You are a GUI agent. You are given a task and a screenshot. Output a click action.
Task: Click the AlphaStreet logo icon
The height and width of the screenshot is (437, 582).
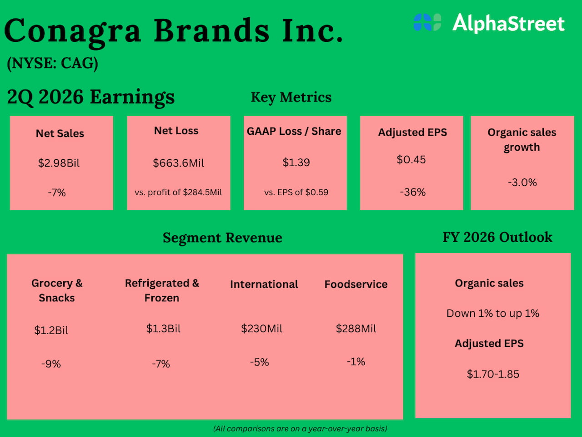[427, 22]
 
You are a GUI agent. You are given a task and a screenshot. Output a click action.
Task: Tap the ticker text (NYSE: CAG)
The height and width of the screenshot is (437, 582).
[53, 63]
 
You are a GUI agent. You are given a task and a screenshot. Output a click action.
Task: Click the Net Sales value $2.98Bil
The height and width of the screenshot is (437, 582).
[59, 163]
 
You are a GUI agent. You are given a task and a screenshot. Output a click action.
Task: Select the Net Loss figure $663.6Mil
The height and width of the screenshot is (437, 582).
[178, 163]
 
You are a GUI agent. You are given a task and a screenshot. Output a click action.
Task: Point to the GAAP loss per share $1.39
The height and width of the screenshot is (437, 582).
[296, 163]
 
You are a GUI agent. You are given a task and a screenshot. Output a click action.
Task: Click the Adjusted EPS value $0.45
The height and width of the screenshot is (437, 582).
[411, 160]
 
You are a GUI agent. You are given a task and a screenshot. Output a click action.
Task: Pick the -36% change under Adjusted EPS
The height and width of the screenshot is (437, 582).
[412, 192]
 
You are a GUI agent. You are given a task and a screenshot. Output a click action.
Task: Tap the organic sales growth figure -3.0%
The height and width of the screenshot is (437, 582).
[522, 183]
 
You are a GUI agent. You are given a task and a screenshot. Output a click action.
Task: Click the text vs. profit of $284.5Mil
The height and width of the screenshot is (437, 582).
[178, 192]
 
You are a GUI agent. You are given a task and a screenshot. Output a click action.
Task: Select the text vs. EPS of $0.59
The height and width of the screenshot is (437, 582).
[296, 192]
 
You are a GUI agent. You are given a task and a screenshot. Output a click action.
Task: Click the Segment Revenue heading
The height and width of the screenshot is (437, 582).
[222, 238]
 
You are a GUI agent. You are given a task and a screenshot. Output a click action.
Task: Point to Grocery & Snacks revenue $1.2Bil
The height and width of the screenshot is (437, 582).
[51, 330]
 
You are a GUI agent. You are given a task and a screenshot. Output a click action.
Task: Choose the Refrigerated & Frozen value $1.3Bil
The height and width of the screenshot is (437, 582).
[163, 329]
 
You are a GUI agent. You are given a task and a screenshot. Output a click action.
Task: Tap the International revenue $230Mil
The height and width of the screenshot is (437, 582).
[261, 329]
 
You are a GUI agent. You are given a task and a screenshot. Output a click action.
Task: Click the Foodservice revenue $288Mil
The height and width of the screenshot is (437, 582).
[356, 329]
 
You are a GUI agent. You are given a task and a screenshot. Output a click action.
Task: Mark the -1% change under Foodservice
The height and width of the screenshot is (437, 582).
[356, 362]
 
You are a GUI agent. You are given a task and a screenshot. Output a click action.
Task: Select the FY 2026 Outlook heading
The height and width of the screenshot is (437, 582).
[497, 237]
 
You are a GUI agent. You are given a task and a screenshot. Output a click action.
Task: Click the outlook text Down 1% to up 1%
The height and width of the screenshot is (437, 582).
[493, 313]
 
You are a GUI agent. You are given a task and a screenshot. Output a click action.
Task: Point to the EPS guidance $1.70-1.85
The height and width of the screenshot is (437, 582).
[493, 374]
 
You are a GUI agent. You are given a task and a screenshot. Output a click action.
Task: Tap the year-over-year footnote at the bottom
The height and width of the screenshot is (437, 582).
[300, 428]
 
